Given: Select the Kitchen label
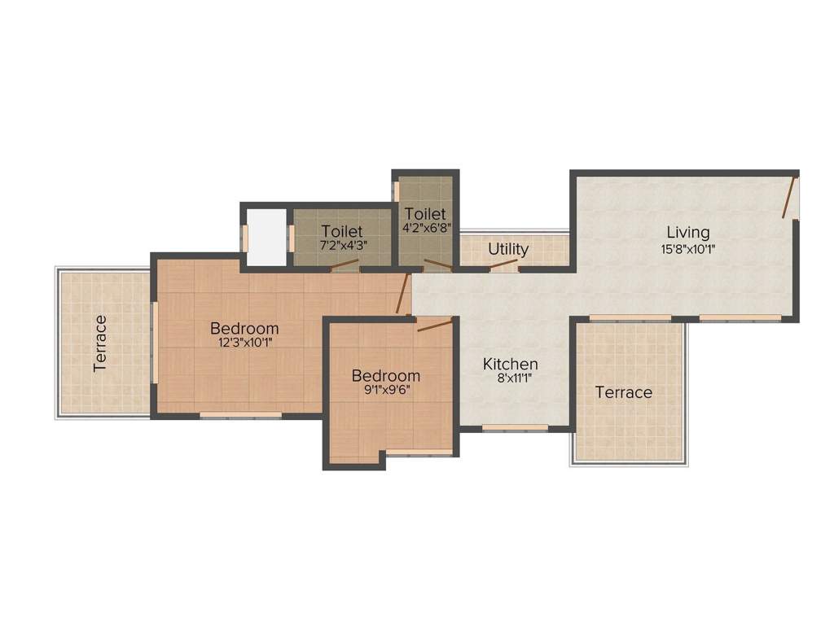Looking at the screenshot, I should point(510,364).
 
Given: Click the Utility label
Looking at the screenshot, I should point(508,249).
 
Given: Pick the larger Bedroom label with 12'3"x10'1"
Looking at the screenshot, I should point(244,328).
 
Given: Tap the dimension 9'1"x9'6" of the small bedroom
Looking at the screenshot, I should point(386,391).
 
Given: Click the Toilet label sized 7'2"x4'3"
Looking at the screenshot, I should point(341,231).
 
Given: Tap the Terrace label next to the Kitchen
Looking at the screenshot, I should point(624,392).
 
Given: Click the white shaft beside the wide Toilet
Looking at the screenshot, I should point(266,236).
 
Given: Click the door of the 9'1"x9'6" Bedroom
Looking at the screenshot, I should point(435,326).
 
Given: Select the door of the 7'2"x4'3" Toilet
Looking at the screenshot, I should point(345,264).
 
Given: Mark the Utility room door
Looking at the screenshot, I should point(503,264).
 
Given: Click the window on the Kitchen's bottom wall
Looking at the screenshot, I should point(503,427).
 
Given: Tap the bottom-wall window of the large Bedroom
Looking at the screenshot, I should point(241,416).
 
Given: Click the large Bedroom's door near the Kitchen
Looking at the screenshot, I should point(401,295).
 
